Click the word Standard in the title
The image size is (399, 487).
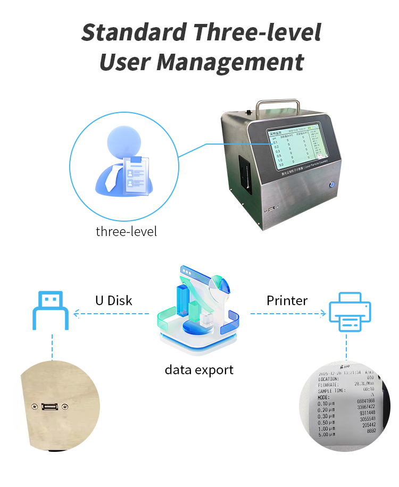pyautogui.click(x=134, y=32)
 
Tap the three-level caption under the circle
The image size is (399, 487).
pyautogui.click(x=126, y=232)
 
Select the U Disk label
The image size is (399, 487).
pyautogui.click(x=113, y=300)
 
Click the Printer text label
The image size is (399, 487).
pyautogui.click(x=287, y=300)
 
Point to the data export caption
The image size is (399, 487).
pyautogui.click(x=199, y=370)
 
